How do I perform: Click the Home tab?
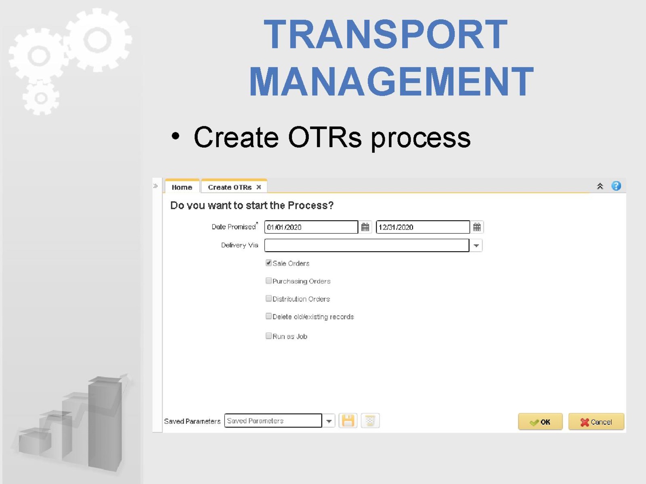click(x=182, y=187)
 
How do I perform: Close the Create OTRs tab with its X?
click(x=259, y=187)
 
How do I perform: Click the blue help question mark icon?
click(x=616, y=186)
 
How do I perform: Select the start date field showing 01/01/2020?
click(x=311, y=227)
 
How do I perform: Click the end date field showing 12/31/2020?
click(x=423, y=227)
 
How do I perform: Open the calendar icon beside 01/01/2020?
click(x=365, y=227)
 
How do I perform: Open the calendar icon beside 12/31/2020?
click(x=477, y=227)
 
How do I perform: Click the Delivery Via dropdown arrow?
click(x=476, y=245)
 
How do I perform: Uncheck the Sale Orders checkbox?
click(x=268, y=263)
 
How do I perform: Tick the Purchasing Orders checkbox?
click(x=268, y=281)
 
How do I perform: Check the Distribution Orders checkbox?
click(x=268, y=298)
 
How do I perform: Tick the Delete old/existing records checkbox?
click(x=268, y=316)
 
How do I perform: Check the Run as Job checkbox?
click(x=268, y=336)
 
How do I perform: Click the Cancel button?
click(x=596, y=422)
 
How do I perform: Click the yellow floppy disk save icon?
click(x=348, y=421)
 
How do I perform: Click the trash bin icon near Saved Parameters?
click(x=370, y=421)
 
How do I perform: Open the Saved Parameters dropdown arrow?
click(x=329, y=421)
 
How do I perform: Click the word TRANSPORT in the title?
click(x=386, y=34)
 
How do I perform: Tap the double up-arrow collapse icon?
click(x=600, y=186)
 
